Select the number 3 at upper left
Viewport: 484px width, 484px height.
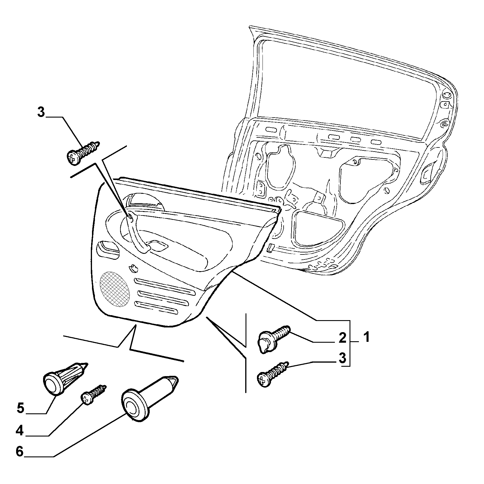[x=41, y=112]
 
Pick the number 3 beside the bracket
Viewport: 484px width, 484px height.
[x=342, y=358]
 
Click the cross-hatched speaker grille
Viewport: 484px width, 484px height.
[x=115, y=289]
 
